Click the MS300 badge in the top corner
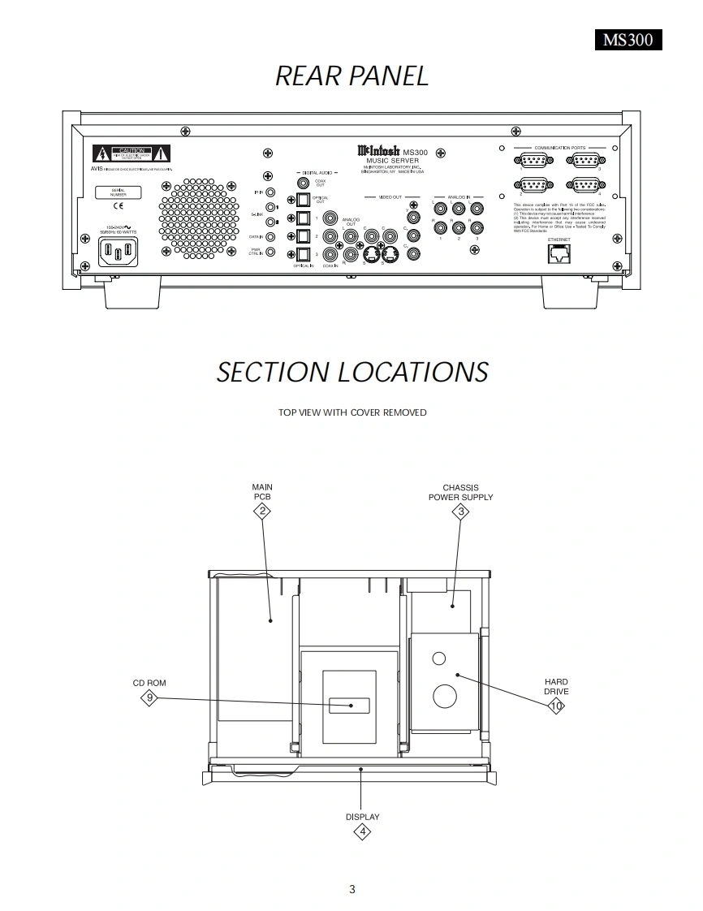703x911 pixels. [x=628, y=40]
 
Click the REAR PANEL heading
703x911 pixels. [x=351, y=76]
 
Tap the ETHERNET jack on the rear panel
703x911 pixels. [x=559, y=253]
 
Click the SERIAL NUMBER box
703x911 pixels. [x=118, y=192]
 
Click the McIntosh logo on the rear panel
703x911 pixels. [x=378, y=150]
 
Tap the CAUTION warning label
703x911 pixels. [x=131, y=153]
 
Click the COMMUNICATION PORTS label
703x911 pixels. [x=559, y=148]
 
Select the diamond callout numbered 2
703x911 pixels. [x=262, y=511]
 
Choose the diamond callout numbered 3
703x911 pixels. [x=461, y=511]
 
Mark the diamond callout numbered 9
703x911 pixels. [x=149, y=697]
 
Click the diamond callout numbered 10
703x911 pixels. [x=556, y=706]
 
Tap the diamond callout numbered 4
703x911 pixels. [x=363, y=831]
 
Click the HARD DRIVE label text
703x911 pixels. [x=556, y=687]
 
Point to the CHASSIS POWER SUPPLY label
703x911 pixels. [x=460, y=492]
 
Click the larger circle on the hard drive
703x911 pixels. [x=444, y=696]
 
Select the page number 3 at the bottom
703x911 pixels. [x=352, y=889]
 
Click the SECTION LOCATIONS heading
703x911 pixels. [x=351, y=372]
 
